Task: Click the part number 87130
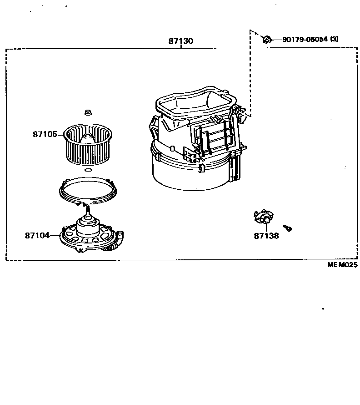pos(180,41)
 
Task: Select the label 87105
pos(45,134)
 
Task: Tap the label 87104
pos(37,236)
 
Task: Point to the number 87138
pos(266,236)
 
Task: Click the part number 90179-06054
pos(305,40)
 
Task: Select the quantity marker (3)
pos(335,40)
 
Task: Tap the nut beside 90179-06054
pos(267,40)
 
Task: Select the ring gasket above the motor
pos(87,190)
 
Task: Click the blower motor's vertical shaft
pos(87,210)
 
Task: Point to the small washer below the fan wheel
pos(88,170)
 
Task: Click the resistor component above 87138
pos(263,217)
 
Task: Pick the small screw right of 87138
pos(287,228)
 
